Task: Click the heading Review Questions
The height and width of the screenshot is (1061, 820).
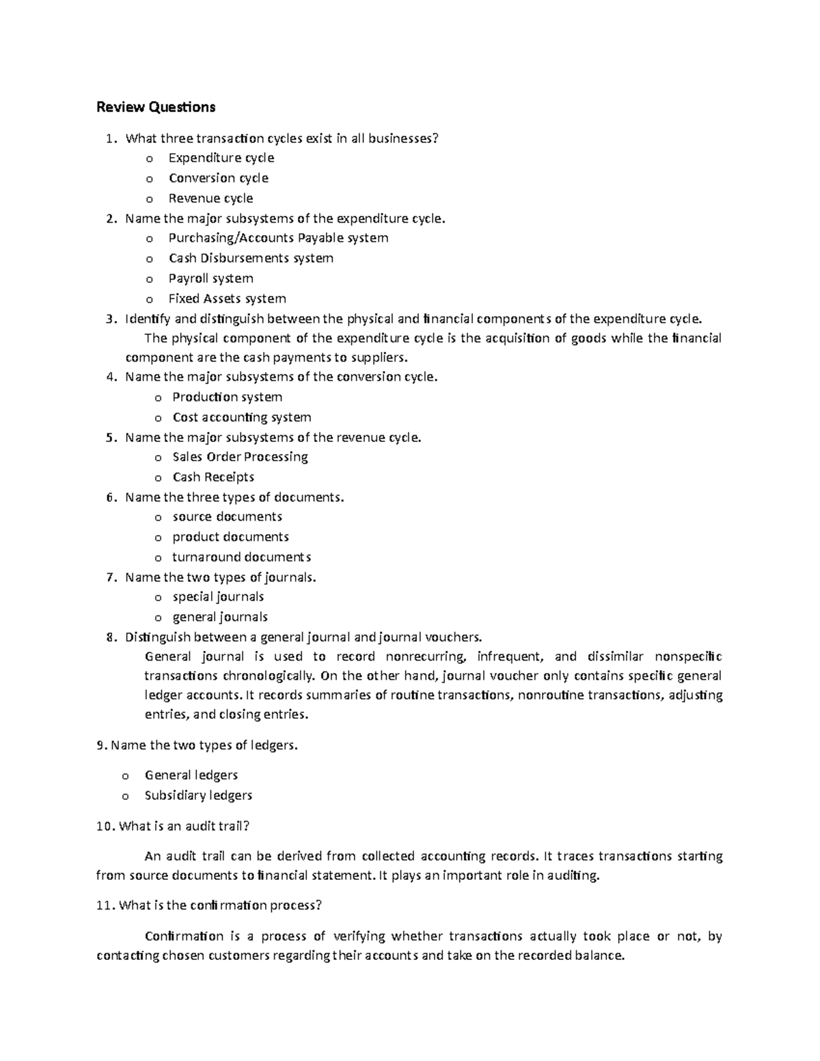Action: pyautogui.click(x=156, y=107)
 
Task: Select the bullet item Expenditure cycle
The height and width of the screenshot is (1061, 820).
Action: pyautogui.click(x=221, y=158)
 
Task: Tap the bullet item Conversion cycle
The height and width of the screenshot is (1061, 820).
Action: pyautogui.click(x=219, y=178)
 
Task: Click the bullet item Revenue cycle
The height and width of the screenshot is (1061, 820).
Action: pyautogui.click(x=210, y=199)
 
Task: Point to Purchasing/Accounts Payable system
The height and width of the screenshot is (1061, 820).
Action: pyautogui.click(x=278, y=238)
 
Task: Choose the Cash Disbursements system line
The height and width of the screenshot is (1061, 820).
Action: pyautogui.click(x=251, y=258)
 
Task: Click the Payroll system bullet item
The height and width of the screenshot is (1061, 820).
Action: pyautogui.click(x=210, y=279)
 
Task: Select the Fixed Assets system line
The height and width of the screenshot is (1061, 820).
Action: pyautogui.click(x=227, y=299)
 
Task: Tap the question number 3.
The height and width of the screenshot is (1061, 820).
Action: pyautogui.click(x=111, y=319)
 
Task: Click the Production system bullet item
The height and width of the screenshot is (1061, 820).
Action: pyautogui.click(x=227, y=398)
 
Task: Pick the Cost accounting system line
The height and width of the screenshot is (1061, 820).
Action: pyautogui.click(x=241, y=417)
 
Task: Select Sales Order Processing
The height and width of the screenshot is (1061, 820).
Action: pyautogui.click(x=240, y=457)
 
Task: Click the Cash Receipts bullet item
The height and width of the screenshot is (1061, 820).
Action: pyautogui.click(x=213, y=478)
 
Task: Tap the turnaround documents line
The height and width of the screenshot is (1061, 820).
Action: pyautogui.click(x=241, y=557)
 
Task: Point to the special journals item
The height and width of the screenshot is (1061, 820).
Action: pyautogui.click(x=218, y=597)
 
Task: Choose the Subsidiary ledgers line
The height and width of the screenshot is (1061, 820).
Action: pyautogui.click(x=198, y=796)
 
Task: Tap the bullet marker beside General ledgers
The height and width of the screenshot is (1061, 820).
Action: pyautogui.click(x=125, y=776)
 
